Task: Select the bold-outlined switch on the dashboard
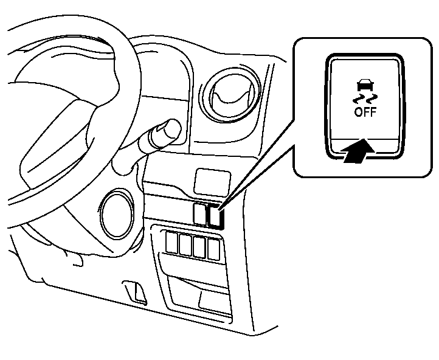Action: point(216,216)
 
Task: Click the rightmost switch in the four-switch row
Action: point(213,250)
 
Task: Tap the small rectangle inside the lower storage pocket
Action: point(214,301)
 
